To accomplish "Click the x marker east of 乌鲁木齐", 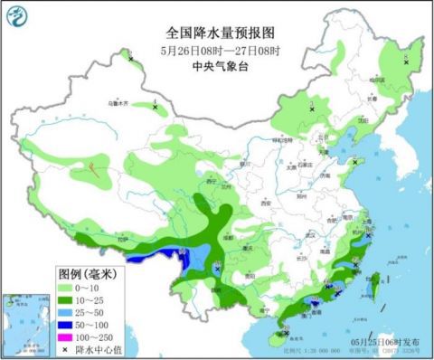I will click(x=155, y=107).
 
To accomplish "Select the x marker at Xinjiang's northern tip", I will click(x=131, y=60).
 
